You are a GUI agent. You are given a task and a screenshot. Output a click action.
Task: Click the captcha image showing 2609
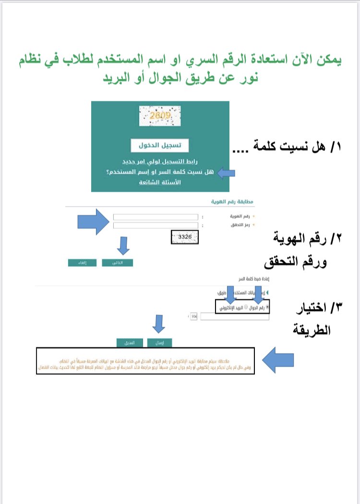pyautogui.click(x=160, y=116)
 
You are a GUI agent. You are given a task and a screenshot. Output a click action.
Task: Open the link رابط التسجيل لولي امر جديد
pyautogui.click(x=160, y=161)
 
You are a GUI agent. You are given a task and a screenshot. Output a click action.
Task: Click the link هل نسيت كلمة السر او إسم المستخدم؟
pyautogui.click(x=160, y=172)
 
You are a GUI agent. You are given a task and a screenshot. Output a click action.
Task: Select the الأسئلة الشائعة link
pyautogui.click(x=160, y=183)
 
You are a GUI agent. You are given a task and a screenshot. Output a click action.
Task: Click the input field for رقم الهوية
pyautogui.click(x=156, y=217)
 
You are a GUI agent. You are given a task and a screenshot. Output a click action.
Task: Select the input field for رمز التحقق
pyautogui.click(x=156, y=225)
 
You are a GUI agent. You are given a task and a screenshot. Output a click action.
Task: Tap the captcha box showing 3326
pyautogui.click(x=185, y=237)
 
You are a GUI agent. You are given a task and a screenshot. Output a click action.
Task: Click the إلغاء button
pyautogui.click(x=83, y=263)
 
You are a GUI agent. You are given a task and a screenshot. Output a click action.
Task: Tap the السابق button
pyautogui.click(x=130, y=342)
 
